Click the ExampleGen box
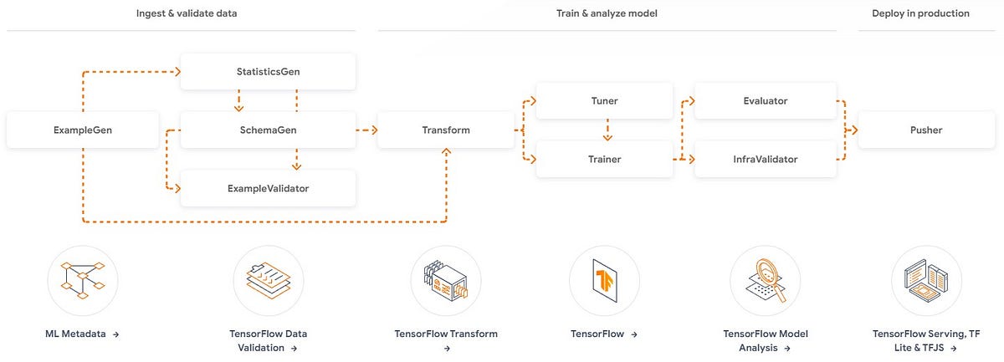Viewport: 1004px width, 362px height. pos(83,130)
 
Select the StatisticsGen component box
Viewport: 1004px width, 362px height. pos(269,72)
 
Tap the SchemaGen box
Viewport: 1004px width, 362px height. pos(269,130)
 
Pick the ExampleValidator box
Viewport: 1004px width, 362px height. pos(269,188)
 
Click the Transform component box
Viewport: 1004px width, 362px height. pos(446,130)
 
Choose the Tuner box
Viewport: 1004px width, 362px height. pos(604,101)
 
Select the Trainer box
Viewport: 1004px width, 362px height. pos(604,159)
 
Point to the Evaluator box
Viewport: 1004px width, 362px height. pos(765,101)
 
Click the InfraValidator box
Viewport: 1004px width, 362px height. pos(765,159)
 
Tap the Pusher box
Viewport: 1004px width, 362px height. pos(926,130)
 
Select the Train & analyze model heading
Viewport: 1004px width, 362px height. pos(607,13)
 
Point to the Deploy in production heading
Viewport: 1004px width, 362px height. pos(921,13)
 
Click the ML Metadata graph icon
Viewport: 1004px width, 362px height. pos(83,280)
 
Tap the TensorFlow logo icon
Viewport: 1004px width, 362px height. pos(604,280)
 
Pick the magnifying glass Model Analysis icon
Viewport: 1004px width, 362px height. pos(765,280)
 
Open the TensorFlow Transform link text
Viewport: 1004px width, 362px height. pos(446,334)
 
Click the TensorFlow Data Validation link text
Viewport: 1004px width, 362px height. pos(269,340)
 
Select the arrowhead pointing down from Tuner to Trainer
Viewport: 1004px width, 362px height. pos(608,136)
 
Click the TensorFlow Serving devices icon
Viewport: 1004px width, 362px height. pos(926,280)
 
